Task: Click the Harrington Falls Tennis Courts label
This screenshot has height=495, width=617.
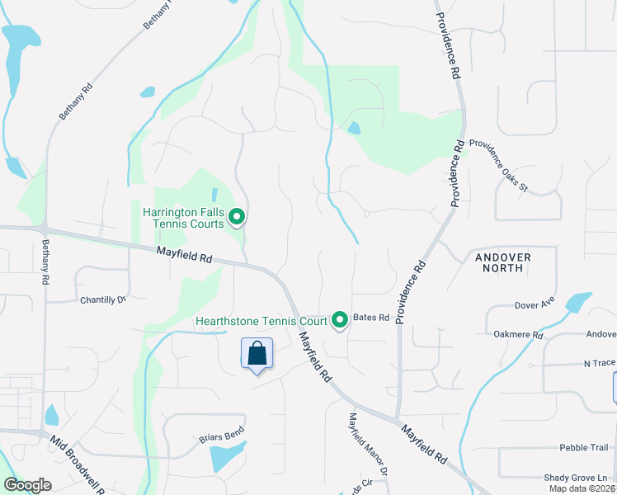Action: pos(183,218)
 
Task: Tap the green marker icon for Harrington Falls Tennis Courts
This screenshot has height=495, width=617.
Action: pos(237,218)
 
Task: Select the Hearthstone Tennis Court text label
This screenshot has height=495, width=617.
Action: pos(261,321)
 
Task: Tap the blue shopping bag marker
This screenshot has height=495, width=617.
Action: pos(257,354)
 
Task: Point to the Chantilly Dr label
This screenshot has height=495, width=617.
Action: pos(103,299)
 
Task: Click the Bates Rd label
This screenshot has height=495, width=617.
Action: pos(370,318)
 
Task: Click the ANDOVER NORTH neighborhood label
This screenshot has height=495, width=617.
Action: pos(503,262)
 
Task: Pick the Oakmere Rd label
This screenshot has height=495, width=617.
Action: pos(517,335)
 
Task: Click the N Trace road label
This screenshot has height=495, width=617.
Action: pos(600,363)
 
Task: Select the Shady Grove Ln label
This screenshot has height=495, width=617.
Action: pos(576,478)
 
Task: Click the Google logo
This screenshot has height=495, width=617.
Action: pos(27,485)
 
